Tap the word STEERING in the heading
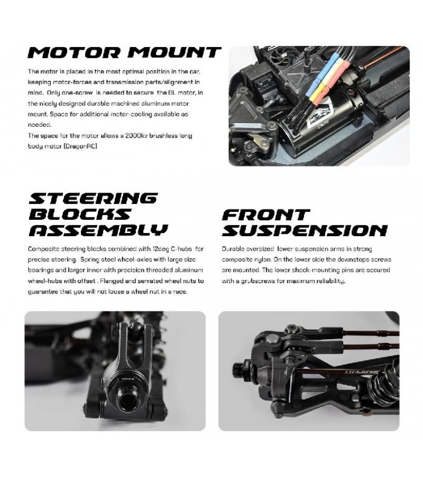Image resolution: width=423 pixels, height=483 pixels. point(93,199)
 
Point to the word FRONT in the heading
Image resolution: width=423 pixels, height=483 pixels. point(266,214)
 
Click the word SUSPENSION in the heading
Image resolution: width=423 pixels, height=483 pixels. point(305,230)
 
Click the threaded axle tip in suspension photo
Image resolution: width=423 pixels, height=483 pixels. point(241,366)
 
